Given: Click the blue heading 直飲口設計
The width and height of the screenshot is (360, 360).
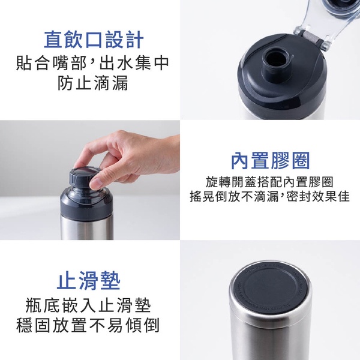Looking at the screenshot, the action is coord(94,40).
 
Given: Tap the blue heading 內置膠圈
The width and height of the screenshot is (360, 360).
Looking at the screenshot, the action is coord(270,160).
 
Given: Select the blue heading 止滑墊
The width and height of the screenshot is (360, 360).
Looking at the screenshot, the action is coord(88,281).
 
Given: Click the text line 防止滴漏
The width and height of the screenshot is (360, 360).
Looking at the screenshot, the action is coord(93,83).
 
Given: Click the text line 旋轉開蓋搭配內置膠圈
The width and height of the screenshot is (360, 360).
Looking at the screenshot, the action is coord(269,182).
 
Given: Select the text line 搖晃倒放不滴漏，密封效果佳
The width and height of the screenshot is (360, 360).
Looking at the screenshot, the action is coord(270,196).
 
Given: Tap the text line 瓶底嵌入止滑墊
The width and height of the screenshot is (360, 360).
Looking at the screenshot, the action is coord(88,305).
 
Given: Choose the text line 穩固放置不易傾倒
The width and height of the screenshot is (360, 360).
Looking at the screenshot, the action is coord(88,325).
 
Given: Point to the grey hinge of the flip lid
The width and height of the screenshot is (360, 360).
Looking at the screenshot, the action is coord(311,38).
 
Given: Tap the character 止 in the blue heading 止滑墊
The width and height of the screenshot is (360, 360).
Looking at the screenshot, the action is coord(66,281).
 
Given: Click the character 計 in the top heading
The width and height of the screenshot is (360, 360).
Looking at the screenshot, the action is coord(134,40).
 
